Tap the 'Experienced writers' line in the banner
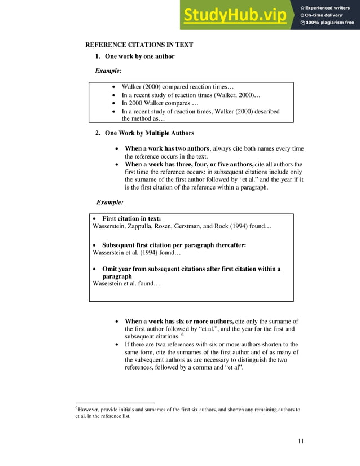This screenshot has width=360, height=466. [x=328, y=7]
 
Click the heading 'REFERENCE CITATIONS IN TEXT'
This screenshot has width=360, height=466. [x=139, y=45]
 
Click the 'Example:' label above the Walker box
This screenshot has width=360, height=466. [x=107, y=72]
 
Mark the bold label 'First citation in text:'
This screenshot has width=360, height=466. [x=131, y=218]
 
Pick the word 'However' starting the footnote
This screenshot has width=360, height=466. [x=87, y=410]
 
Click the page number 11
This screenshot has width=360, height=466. [x=301, y=441]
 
